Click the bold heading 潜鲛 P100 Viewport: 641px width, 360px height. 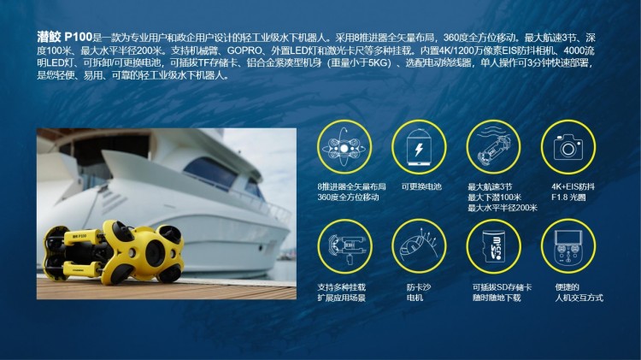click(65, 38)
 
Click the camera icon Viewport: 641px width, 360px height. click(567, 147)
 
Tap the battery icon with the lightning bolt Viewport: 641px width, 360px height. click(419, 147)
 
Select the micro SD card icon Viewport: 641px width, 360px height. click(494, 246)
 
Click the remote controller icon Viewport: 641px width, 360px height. click(567, 246)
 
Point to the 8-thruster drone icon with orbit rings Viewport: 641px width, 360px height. click(344, 147)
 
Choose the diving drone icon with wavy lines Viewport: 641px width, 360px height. click(494, 146)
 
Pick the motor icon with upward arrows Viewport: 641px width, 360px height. click(419, 245)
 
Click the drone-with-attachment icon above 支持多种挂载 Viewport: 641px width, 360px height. click(344, 247)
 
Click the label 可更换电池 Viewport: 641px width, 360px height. click(421, 186)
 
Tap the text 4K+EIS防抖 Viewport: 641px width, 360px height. click(573, 186)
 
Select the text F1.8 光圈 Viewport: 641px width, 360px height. click(568, 198)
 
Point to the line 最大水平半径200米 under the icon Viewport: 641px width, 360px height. click(503, 208)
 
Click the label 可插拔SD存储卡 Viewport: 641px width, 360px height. click(502, 287)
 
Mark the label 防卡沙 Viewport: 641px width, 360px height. click(419, 287)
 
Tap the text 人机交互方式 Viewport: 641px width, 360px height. click(579, 298)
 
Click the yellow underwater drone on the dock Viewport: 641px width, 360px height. click(113, 252)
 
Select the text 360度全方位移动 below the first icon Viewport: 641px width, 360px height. click(349, 198)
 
